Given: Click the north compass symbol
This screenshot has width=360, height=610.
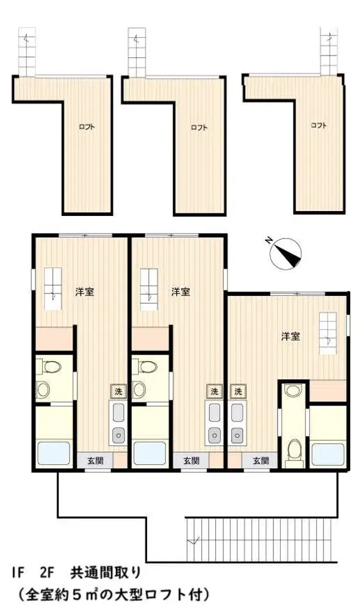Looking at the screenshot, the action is click(286, 254).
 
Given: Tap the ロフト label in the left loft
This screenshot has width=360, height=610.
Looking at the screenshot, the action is click(87, 127).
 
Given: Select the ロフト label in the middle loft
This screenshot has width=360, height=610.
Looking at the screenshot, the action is click(199, 127).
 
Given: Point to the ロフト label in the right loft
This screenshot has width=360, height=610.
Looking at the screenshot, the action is click(319, 125).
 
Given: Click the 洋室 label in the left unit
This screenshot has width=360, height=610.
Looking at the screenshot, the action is click(84, 292).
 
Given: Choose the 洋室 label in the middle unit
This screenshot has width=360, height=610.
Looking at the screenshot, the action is click(181, 292).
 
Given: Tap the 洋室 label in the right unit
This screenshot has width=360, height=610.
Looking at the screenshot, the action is click(290, 337).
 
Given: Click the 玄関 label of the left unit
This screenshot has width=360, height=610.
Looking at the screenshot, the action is click(95, 461).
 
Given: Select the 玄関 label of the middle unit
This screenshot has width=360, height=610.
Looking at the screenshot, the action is click(191, 461).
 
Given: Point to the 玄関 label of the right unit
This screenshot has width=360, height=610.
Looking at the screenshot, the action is click(261, 461).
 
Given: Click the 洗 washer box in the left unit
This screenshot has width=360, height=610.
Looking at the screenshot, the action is click(118, 392).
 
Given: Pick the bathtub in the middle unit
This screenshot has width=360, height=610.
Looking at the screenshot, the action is click(150, 453).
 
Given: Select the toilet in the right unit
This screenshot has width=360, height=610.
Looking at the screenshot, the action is click(294, 453).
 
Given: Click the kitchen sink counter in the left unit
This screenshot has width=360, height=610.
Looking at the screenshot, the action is click(118, 423).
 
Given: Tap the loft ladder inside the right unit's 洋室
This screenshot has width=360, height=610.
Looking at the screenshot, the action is click(328, 333).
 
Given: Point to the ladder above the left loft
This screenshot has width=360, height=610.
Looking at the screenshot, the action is click(27, 52).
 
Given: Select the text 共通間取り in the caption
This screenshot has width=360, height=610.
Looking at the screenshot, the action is click(105, 573).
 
